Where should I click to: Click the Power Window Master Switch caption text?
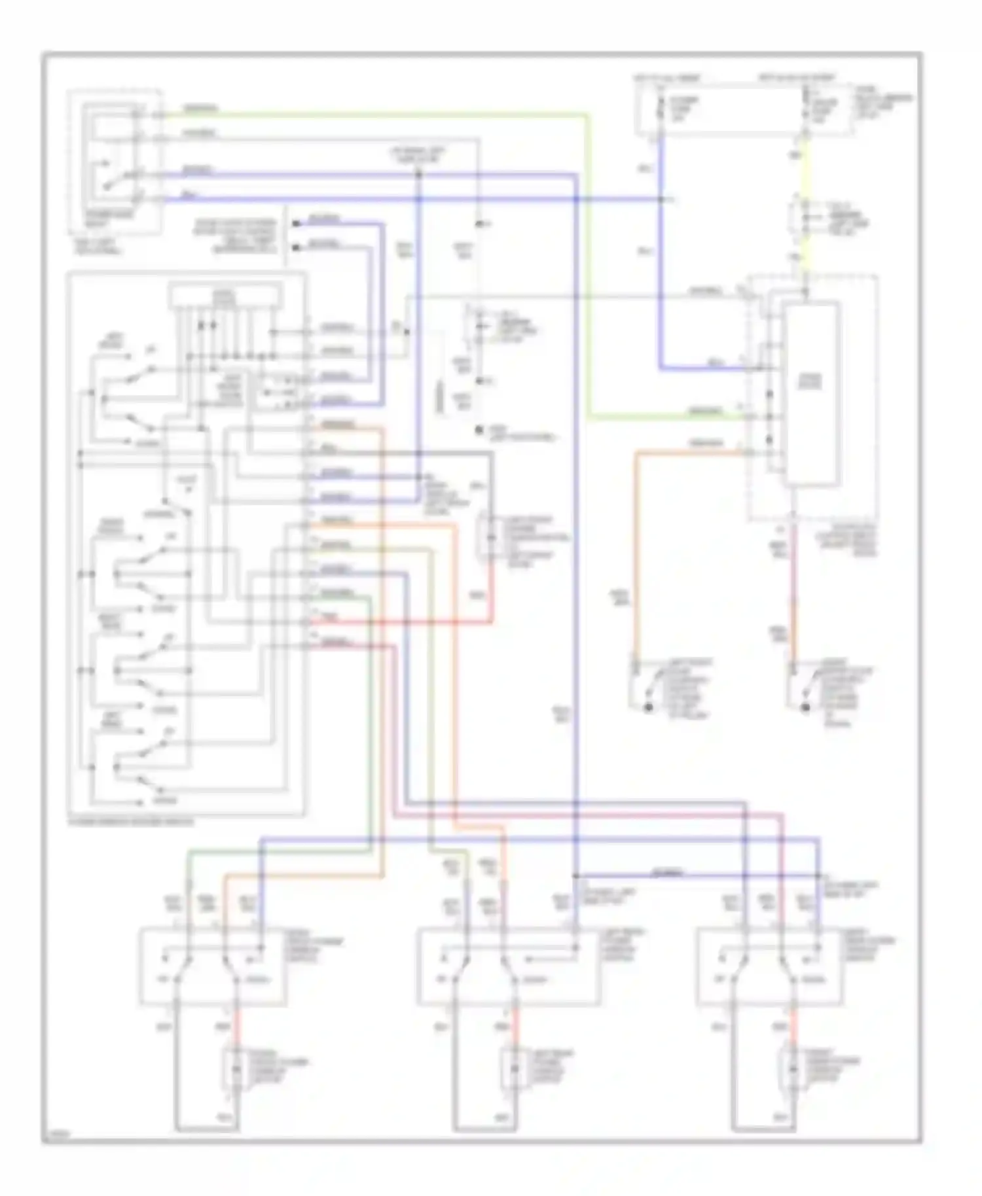(x=131, y=822)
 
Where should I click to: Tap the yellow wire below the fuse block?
(x=806, y=170)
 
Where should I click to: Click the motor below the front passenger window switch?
(x=233, y=1070)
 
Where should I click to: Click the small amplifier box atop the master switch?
(x=225, y=296)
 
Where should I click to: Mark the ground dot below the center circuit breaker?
(x=480, y=431)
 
